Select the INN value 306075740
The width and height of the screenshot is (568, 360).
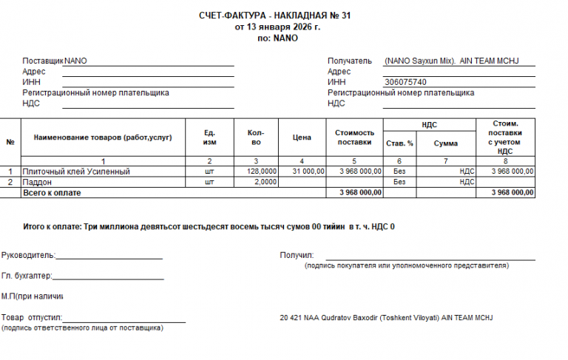pos(405,82)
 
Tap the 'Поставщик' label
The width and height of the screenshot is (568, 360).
pos(43,61)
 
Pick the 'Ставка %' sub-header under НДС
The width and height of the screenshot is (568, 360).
pos(400,143)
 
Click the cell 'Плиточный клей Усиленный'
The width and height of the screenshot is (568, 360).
pos(76,171)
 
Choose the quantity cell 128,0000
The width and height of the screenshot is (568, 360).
pos(263,171)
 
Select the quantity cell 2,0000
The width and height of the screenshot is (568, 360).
pos(266,182)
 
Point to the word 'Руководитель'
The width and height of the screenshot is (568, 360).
pos(28,255)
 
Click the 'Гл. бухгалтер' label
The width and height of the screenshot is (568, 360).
pos(27,276)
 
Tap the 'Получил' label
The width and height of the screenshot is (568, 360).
pos(297,255)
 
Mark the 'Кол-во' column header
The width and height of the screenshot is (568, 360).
pos(256,137)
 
